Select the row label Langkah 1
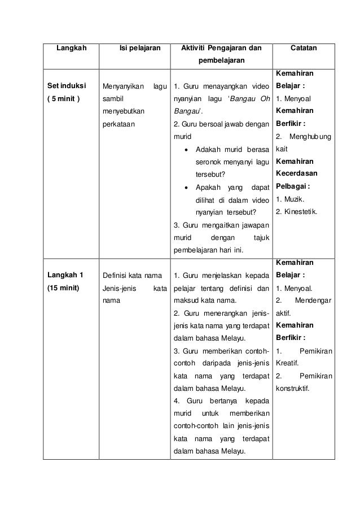(65, 275)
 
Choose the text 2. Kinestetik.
(296, 212)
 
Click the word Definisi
(115, 275)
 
